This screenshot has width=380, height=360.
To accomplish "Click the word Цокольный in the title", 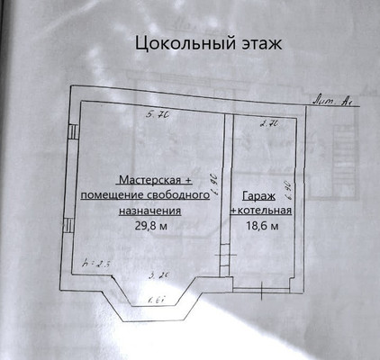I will coord(176,43).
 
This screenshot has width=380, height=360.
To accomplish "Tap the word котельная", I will coord(263,211).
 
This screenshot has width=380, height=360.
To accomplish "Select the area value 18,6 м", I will coord(261,227).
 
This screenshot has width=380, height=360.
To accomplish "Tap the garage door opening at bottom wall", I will coord(261,290).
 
